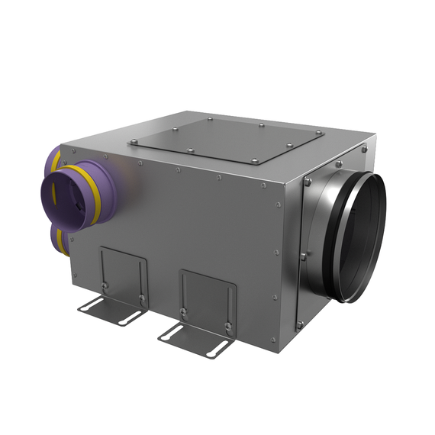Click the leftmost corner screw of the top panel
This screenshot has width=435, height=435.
[134, 142]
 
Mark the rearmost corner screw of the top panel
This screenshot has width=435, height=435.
[211, 118]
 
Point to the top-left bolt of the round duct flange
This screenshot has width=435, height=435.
[308, 182]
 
